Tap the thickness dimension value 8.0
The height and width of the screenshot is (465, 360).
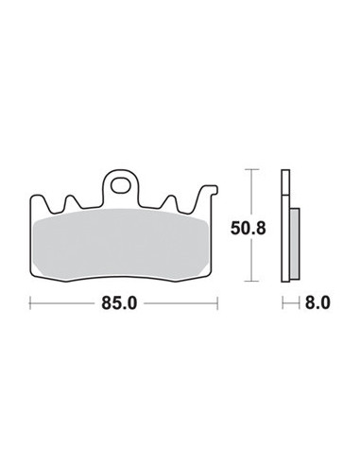coord(317,304)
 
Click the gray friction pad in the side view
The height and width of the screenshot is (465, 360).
coord(294,240)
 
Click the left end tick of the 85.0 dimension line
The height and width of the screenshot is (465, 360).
coord(31,304)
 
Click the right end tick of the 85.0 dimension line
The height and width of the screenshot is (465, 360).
coord(217,304)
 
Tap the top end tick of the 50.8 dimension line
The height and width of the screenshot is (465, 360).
coord(250,169)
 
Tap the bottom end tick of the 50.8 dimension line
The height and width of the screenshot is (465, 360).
coord(250,283)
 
